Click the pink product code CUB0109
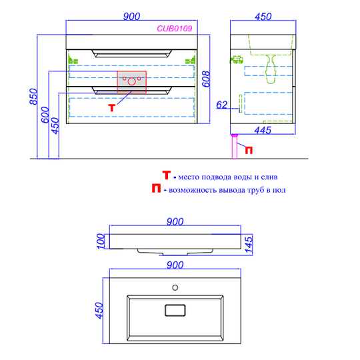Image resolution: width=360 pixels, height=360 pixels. [174, 29]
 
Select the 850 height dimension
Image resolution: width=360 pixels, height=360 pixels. [33, 97]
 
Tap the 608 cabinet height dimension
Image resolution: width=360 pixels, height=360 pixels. [206, 79]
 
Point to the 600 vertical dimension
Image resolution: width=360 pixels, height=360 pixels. [45, 115]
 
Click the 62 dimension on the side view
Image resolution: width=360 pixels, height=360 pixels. [221, 105]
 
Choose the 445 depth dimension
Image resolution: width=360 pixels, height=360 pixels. [263, 131]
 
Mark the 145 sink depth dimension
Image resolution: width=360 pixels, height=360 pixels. [249, 245]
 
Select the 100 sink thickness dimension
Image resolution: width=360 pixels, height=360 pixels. [101, 241]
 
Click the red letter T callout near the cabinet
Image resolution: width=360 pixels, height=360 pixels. [111, 108]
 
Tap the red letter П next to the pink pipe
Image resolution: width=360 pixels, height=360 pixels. [249, 150]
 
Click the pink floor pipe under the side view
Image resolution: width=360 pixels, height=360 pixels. [235, 147]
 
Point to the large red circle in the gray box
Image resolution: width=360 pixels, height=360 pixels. [131, 81]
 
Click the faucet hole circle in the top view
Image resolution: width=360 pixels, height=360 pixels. [175, 287]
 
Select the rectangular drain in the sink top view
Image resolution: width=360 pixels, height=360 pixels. [175, 310]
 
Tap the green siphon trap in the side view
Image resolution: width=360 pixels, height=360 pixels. [271, 69]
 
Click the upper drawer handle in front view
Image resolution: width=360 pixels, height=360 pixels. [131, 53]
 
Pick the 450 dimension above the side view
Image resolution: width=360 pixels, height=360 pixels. [263, 17]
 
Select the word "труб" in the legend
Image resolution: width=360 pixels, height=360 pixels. [255, 190]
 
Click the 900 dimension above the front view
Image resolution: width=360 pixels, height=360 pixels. [131, 17]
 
